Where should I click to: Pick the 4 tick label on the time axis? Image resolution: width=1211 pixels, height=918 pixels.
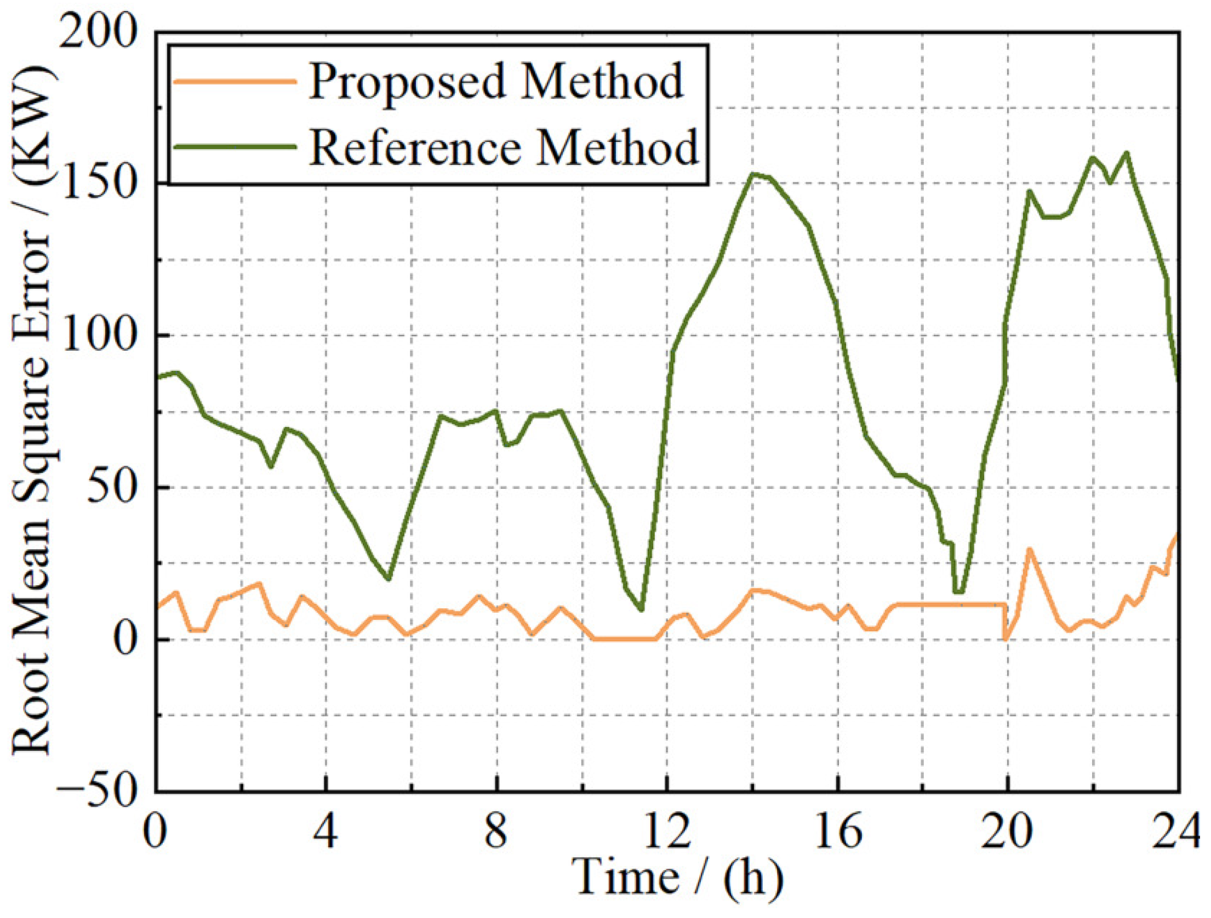pos(325,832)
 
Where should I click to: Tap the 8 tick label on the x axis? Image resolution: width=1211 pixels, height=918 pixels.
pos(496,832)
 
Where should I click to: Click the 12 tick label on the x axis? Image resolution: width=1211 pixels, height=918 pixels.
pos(667,832)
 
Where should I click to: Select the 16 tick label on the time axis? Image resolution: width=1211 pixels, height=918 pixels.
pos(838,832)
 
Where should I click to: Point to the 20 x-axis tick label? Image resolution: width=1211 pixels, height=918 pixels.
pos(1007,832)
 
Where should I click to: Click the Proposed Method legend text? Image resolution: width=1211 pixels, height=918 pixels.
pos(496,81)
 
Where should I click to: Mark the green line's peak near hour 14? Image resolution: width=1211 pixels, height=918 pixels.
pos(754,174)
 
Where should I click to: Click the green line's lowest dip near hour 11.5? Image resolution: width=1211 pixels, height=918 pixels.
pos(641,609)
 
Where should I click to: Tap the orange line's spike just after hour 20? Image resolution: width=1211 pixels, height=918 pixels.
pos(1029,550)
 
